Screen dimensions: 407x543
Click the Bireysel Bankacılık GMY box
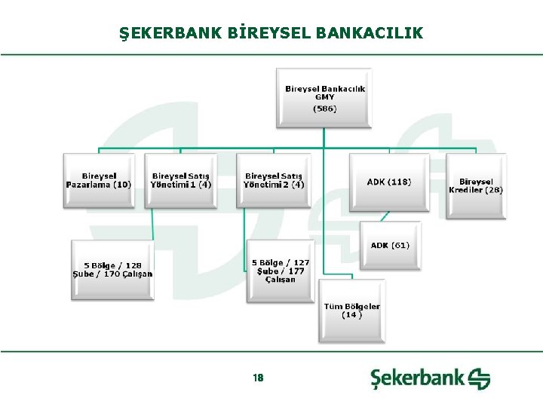tap(324, 98)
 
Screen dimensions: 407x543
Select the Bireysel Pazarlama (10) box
tap(99, 181)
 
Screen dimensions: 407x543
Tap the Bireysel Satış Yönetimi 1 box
tap(181, 181)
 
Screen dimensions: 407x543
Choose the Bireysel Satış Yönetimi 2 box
tap(274, 181)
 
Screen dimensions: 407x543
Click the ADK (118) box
tap(388, 182)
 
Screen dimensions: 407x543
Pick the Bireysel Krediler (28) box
tap(476, 185)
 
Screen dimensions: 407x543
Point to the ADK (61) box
tap(390, 246)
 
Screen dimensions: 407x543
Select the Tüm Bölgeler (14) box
tap(351, 311)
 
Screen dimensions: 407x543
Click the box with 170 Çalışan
tap(112, 270)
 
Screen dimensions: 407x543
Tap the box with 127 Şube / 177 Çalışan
tap(281, 271)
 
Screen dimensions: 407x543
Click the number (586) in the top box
tap(324, 109)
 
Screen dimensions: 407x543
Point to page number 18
tap(259, 378)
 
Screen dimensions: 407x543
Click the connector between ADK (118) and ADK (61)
tap(385, 216)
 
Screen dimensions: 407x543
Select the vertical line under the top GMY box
tap(324, 138)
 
